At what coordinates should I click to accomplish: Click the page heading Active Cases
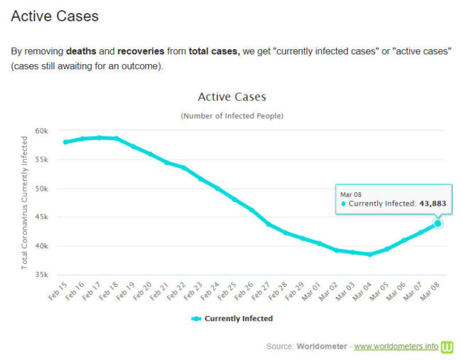[55, 16]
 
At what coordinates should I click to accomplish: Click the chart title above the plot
[232, 97]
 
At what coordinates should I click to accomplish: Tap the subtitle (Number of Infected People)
[232, 115]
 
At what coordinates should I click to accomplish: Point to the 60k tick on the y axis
[41, 131]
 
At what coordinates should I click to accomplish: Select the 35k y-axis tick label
[41, 275]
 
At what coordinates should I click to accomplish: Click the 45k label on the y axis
[41, 218]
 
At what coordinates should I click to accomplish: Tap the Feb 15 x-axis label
[58, 292]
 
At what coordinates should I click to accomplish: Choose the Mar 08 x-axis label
[431, 292]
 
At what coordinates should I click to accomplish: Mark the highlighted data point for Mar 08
[438, 223]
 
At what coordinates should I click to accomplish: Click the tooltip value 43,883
[432, 203]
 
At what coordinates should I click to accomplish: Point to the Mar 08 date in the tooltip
[352, 194]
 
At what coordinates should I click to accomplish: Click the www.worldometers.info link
[396, 346]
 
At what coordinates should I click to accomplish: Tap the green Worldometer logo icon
[448, 346]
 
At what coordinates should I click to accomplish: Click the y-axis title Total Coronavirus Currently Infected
[24, 202]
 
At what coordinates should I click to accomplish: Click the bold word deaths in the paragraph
[81, 52]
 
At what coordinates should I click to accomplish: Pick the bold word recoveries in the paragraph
[141, 52]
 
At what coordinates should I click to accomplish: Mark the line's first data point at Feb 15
[65, 142]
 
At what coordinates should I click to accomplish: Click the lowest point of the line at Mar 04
[370, 254]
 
